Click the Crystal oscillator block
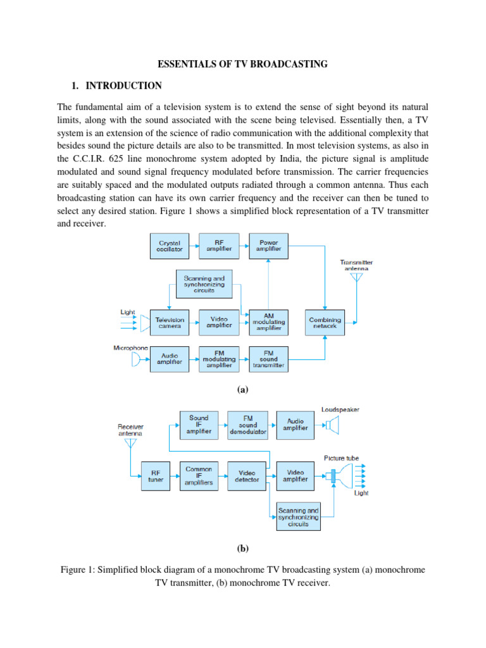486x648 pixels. click(170, 246)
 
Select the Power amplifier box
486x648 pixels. click(269, 246)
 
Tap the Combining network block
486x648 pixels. click(325, 322)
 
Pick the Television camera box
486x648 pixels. click(170, 322)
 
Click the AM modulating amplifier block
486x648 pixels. click(269, 322)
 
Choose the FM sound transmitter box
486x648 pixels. click(269, 359)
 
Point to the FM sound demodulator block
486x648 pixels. click(249, 425)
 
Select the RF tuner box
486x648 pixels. click(156, 475)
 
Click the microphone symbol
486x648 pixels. click(136, 359)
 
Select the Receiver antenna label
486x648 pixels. click(130, 430)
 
